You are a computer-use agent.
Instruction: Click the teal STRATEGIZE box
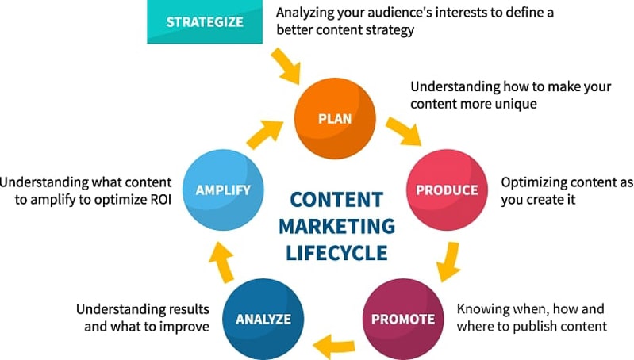205,21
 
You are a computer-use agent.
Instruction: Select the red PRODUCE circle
447,190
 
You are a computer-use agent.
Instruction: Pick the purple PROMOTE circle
403,320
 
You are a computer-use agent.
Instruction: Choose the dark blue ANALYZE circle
263,320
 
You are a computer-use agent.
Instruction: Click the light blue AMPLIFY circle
223,190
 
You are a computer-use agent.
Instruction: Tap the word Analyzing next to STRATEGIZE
309,13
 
